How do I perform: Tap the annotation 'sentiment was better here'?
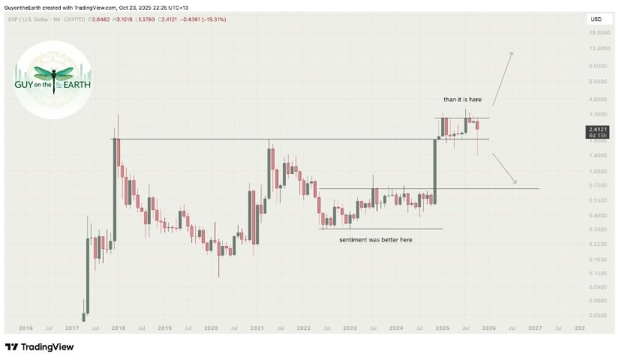click(x=376, y=239)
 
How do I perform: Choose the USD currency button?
click(x=596, y=19)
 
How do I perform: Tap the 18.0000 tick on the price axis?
click(x=597, y=33)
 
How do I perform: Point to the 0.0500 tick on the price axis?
click(x=597, y=315)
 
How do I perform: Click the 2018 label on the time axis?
click(x=118, y=328)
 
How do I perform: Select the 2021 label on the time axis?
click(x=257, y=328)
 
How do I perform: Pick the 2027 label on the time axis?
click(x=535, y=328)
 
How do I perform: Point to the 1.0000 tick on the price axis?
click(x=597, y=172)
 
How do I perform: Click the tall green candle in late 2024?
click(x=435, y=169)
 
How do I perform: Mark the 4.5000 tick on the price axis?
click(x=597, y=98)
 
